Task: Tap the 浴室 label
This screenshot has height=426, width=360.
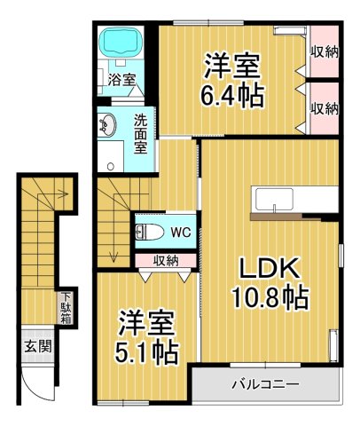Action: pos(121,80)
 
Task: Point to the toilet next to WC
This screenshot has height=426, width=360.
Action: pos(150,233)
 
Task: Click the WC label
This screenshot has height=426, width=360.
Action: pos(180,233)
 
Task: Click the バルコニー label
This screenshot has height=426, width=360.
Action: pos(265,385)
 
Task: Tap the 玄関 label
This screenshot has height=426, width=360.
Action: pos(36,345)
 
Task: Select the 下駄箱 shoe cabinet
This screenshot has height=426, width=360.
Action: pos(66,308)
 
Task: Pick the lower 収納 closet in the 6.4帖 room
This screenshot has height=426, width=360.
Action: pos(325,107)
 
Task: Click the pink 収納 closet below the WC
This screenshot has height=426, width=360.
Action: pos(165,260)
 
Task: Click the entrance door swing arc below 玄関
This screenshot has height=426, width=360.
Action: pos(40,383)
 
